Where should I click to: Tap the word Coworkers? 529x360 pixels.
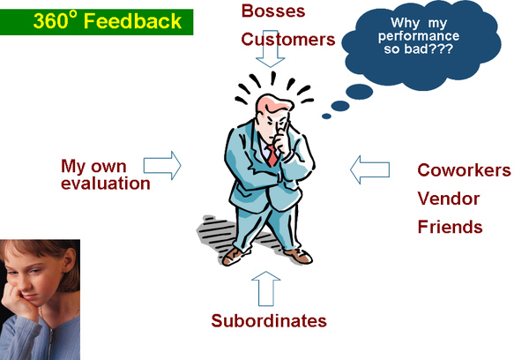pos(463,170)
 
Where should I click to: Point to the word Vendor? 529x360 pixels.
pos(446,199)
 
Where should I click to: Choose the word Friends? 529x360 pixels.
pos(450,227)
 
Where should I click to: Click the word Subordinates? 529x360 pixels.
pos(268,320)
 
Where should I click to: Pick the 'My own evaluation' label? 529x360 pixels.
pos(105,175)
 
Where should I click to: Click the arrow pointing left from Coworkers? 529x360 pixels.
pos(369,169)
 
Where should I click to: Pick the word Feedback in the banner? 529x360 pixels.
pos(138,20)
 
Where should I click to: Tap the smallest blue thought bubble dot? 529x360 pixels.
pos(326,115)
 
